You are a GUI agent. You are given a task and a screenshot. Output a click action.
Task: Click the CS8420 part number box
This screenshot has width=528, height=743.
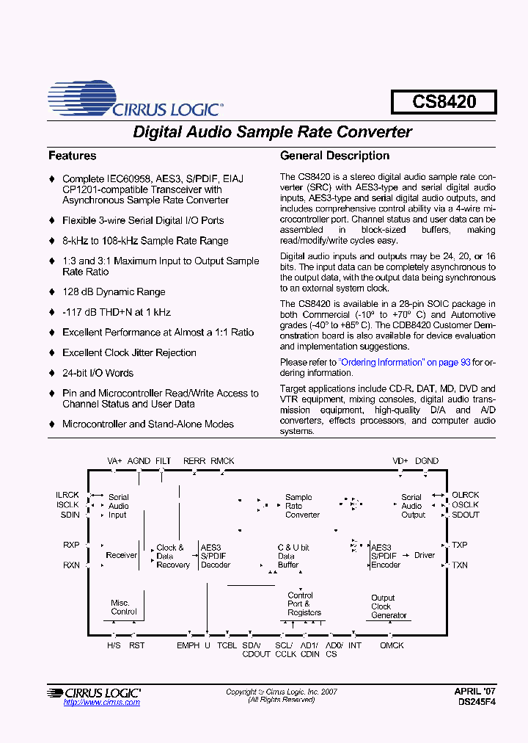pos(444,101)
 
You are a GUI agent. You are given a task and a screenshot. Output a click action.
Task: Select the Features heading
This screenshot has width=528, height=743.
pos(72,156)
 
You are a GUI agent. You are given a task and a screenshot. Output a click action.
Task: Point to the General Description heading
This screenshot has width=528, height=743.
pos(334,156)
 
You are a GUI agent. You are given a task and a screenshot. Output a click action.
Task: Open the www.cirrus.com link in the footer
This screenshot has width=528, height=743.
pos(101,703)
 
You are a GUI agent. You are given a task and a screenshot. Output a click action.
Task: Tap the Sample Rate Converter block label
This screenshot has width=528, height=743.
pos(302,506)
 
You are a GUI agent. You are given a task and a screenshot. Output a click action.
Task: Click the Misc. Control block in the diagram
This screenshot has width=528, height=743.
pos(123,607)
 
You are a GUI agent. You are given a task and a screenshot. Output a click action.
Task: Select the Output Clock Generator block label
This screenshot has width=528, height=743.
pos(388,606)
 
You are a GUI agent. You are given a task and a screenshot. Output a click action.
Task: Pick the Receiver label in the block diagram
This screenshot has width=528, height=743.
pos(122,555)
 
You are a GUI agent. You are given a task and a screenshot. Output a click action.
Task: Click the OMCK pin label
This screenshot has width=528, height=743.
pos(392,645)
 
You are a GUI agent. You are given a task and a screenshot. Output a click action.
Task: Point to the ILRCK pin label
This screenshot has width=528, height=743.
pos(67,496)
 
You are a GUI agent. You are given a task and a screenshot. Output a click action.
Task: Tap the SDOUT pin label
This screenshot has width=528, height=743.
pos(466,515)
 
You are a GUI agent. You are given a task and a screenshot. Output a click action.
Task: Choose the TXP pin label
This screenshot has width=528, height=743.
pos(460,546)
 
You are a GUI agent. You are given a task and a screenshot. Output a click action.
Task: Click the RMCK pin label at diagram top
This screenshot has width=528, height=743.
pos(222,461)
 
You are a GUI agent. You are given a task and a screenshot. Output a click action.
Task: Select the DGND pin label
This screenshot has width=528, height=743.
pos(427,461)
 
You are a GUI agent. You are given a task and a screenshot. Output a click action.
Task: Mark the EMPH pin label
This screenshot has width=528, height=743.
pos(188,645)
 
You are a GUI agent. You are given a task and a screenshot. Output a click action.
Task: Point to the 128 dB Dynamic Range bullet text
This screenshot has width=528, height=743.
pos(114,291)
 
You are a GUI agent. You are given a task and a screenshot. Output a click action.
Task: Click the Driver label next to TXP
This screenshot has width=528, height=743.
pos(425,555)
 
